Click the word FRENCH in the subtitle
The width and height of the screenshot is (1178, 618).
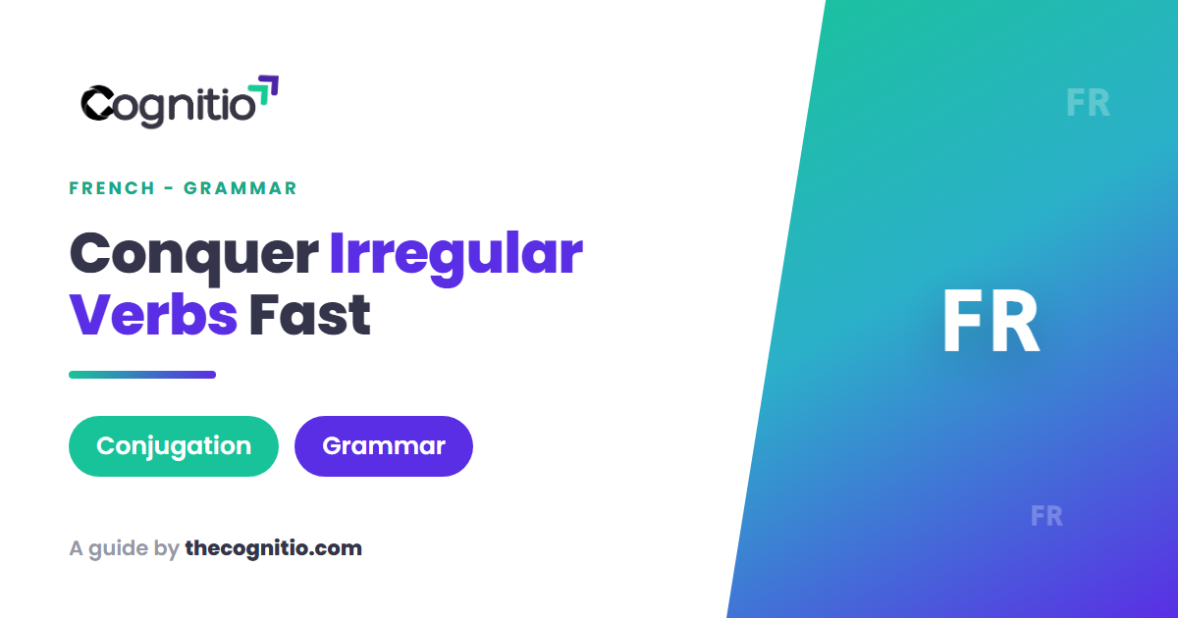[x=112, y=188]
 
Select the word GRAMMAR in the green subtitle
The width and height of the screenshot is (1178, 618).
[x=241, y=188]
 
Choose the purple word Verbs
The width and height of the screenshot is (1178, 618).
[x=153, y=315]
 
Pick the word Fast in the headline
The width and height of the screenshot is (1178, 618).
[x=310, y=315]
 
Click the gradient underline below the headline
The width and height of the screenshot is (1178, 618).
[x=142, y=375]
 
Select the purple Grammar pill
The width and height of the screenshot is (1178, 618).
[x=384, y=446]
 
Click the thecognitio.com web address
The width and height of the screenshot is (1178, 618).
[x=274, y=548]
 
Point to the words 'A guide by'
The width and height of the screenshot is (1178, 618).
[x=125, y=549]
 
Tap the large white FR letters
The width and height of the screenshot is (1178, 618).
[x=991, y=321]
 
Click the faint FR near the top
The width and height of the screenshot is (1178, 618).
[x=1088, y=103]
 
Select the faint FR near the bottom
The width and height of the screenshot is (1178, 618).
[x=1046, y=516]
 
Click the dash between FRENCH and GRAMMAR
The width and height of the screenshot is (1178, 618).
[x=169, y=188]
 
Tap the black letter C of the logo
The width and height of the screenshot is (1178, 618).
[x=97, y=103]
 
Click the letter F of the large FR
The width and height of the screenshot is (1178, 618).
[x=962, y=321]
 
